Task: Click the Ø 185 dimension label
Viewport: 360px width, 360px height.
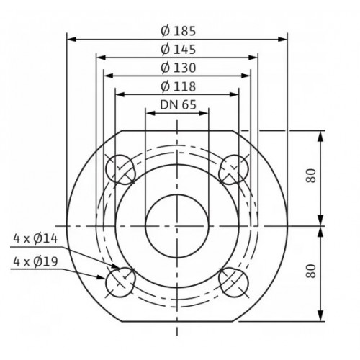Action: click(178, 31)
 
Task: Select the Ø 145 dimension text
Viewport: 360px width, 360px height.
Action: click(178, 50)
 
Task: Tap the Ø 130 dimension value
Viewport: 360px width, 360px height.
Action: click(178, 68)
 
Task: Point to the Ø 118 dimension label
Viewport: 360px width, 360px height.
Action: click(178, 86)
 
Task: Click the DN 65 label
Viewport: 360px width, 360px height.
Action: click(178, 105)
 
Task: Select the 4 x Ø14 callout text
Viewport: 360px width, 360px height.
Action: click(35, 239)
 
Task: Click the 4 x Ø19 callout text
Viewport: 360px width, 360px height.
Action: click(35, 261)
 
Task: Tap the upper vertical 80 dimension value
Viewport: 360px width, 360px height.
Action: click(311, 176)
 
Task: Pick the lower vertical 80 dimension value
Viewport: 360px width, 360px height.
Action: click(311, 271)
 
